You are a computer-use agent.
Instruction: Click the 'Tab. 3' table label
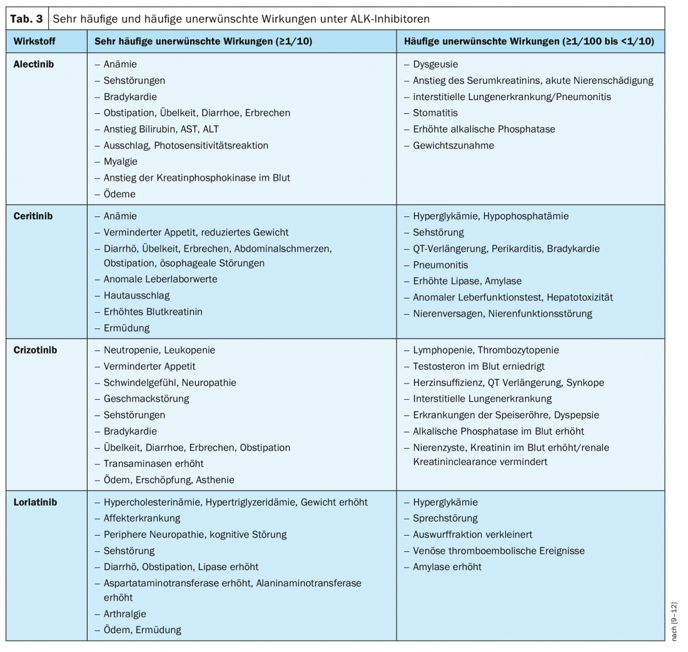27,19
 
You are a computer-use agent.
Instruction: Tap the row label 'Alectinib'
34,64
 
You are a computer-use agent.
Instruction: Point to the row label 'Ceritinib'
33,216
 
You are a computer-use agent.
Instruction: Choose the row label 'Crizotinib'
35,350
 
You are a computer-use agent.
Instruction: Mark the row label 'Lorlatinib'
35,502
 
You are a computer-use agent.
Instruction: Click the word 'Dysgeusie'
435,64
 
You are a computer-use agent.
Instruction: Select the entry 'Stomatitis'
435,113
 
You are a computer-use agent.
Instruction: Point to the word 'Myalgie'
120,161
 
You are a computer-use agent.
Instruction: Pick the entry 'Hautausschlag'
136,295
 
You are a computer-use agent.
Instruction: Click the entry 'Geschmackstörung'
146,399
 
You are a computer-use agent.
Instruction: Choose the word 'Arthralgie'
125,614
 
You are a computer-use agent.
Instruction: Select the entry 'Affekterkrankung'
142,518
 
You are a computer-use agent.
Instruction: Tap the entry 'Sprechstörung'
445,518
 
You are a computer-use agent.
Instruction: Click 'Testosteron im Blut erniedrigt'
474,366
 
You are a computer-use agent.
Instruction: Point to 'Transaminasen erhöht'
153,464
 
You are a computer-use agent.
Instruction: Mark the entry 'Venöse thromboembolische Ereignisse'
498,551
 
